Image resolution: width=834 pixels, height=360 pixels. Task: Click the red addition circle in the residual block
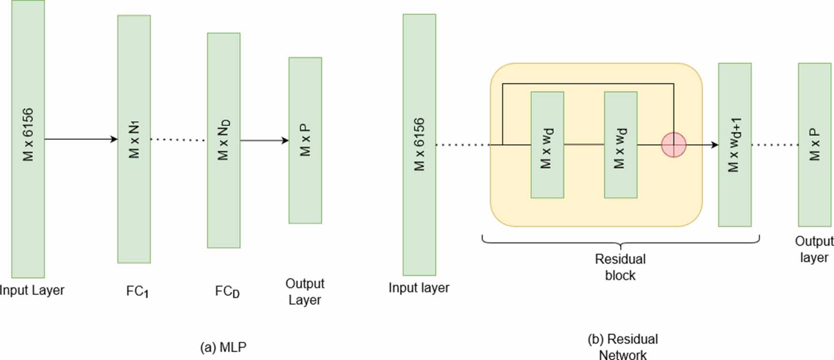[673, 145]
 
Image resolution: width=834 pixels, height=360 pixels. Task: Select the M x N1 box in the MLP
[134, 139]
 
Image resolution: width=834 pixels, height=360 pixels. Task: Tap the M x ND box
[223, 140]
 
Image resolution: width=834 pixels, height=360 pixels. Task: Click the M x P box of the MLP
[305, 140]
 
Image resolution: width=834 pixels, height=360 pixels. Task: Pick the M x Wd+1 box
[734, 145]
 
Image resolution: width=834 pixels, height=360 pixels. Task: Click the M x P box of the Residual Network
[814, 145]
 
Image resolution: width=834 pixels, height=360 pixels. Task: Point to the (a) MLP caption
[223, 347]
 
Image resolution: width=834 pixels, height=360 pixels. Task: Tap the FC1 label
[137, 291]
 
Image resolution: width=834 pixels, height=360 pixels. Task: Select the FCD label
[227, 291]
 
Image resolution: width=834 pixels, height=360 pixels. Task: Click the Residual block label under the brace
[620, 267]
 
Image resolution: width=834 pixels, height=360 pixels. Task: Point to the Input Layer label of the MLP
[32, 290]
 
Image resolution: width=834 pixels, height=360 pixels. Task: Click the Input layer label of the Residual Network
[419, 288]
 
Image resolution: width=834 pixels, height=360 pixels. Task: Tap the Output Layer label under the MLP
[305, 291]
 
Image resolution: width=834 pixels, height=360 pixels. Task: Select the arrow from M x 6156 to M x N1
[81, 139]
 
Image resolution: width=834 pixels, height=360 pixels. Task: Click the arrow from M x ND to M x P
[264, 141]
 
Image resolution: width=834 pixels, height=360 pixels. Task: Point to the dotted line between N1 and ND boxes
[179, 140]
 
